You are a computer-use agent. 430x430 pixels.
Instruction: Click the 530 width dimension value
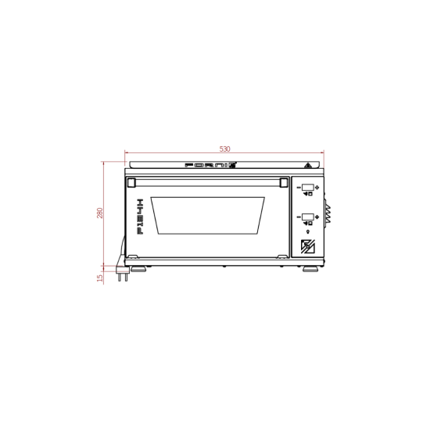tap(224, 149)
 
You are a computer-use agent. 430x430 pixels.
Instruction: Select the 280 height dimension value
tap(100, 213)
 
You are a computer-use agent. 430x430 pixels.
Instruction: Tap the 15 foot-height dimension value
tap(100, 277)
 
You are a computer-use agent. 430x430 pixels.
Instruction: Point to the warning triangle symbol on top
tap(309, 166)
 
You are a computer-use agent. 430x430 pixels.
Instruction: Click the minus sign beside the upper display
tap(298, 188)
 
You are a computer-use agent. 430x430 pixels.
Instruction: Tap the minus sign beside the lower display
tap(298, 217)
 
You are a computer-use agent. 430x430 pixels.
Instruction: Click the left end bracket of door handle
tap(131, 183)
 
